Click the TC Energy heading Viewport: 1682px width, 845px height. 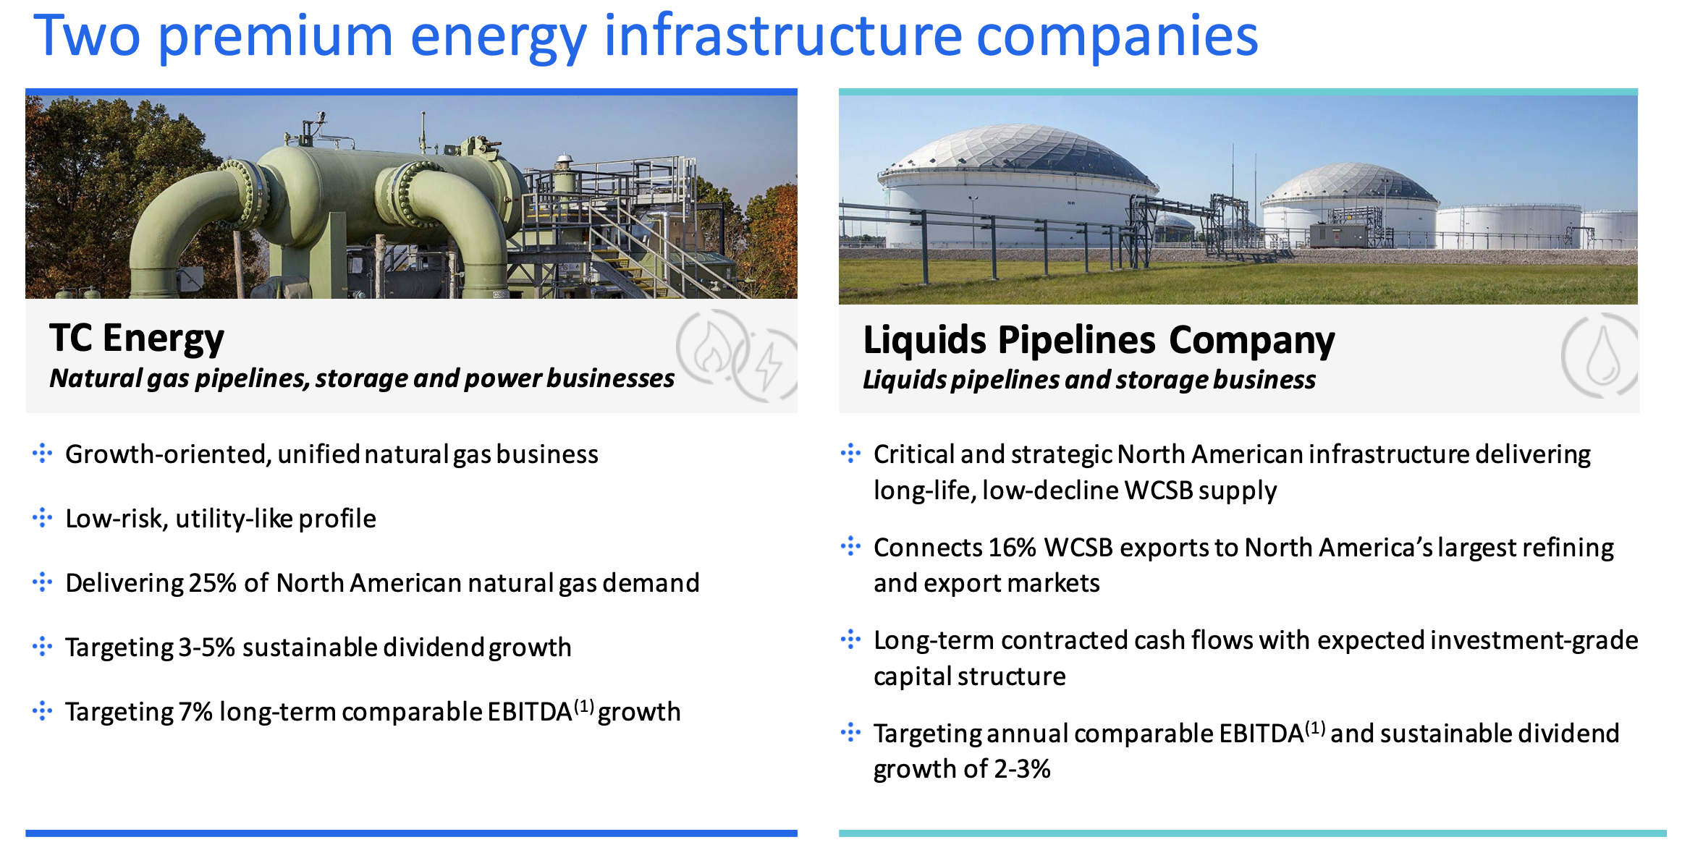pos(137,339)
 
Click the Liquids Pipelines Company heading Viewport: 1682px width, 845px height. pos(1099,340)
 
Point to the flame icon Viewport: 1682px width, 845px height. pos(712,347)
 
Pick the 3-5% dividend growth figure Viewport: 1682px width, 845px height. pos(207,647)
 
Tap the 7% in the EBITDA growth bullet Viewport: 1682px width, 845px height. pos(195,711)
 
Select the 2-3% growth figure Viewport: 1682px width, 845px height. pos(1022,768)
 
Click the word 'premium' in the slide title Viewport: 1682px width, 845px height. pos(276,38)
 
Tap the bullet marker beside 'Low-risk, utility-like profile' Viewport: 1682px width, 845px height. pos(43,518)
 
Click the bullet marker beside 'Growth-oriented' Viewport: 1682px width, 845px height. pos(43,454)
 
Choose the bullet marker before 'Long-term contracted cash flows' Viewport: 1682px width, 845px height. pos(851,640)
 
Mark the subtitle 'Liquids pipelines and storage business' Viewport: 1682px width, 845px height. pos(1089,380)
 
